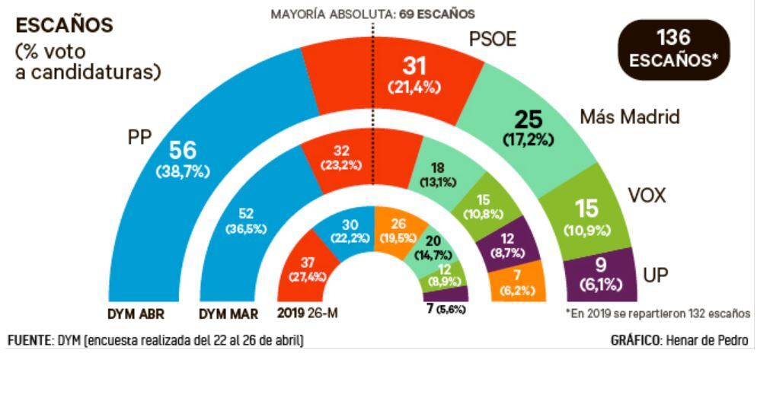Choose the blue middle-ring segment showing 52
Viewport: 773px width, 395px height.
245,221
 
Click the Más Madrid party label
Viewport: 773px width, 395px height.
629,117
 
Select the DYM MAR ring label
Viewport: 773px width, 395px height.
228,314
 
